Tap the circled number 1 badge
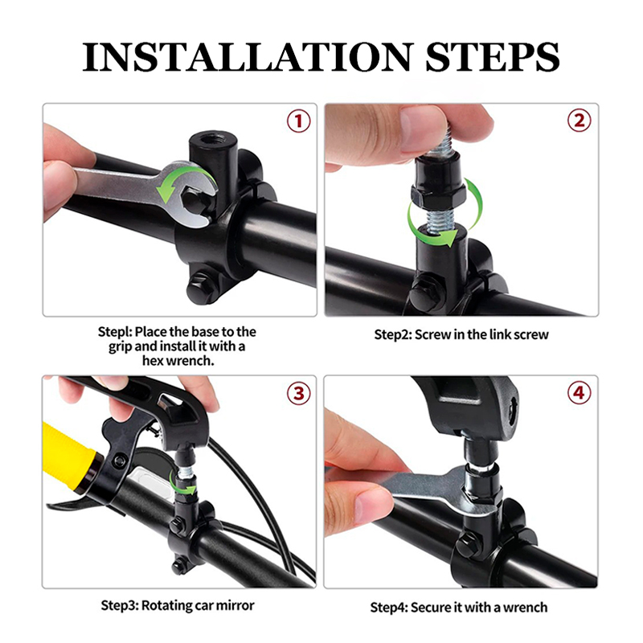(x=298, y=121)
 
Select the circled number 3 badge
(x=298, y=393)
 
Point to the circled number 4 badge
(x=579, y=392)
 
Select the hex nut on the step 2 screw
(x=438, y=195)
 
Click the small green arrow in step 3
(x=183, y=486)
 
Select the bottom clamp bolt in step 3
(x=178, y=567)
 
